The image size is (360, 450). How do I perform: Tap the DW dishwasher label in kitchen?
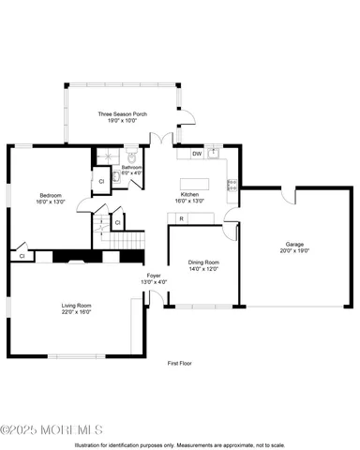point(197,153)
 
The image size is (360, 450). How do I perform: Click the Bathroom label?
point(131,167)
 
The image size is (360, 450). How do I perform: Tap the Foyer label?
point(154,277)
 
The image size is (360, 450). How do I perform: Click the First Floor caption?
point(180,362)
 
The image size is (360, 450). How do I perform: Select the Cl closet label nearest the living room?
point(21,255)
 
